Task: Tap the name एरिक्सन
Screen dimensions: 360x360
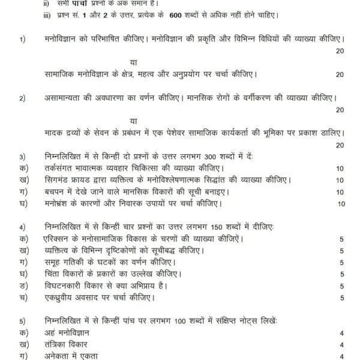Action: click(61, 239)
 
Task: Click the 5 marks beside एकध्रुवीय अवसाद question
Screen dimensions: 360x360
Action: click(341, 298)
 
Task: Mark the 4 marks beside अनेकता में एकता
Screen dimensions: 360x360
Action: click(341, 356)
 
